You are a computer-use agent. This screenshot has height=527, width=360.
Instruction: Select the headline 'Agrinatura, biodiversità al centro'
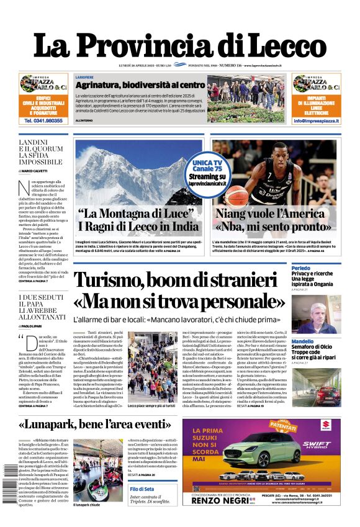(x=140, y=84)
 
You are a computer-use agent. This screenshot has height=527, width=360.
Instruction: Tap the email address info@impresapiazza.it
(x=317, y=121)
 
